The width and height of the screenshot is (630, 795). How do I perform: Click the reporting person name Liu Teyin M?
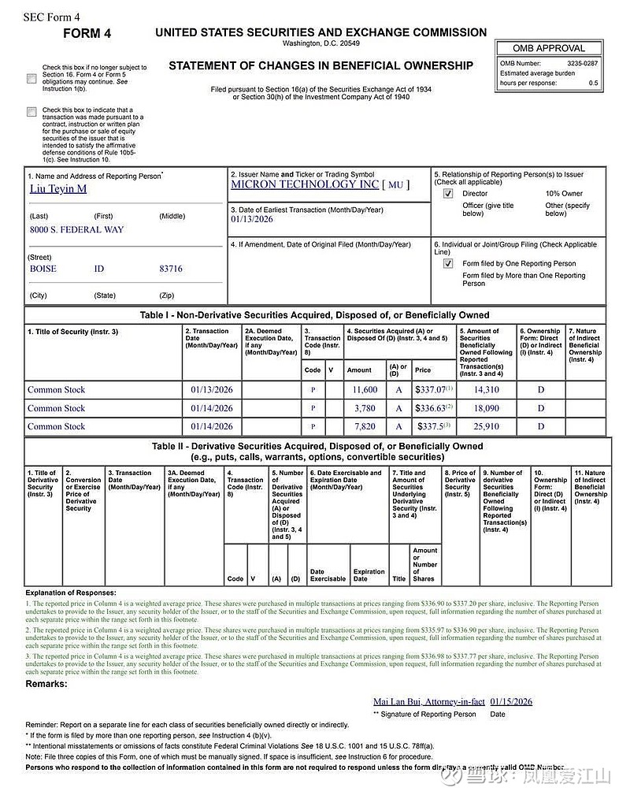[57, 189]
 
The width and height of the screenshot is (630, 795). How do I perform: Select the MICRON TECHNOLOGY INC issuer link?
[305, 184]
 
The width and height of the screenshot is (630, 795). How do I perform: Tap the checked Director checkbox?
[448, 193]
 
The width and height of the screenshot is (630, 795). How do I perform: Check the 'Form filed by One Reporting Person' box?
[448, 263]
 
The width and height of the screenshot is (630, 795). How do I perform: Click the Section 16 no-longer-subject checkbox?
[31, 78]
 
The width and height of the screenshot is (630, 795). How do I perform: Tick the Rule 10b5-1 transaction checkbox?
[31, 112]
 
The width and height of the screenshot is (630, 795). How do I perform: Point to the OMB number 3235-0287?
[582, 63]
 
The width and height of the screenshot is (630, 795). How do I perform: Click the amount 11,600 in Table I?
[365, 390]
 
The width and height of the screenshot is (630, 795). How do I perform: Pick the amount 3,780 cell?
[365, 408]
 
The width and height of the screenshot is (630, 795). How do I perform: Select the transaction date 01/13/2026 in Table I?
[212, 390]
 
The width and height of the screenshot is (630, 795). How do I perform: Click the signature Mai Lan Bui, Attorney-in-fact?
[428, 701]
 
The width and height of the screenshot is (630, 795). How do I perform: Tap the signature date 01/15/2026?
[511, 701]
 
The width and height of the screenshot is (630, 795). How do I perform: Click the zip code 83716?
[170, 269]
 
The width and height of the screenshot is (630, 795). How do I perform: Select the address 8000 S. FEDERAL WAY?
[76, 229]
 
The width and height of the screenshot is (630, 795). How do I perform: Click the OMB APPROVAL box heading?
[549, 48]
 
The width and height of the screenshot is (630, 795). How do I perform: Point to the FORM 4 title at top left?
[87, 33]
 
